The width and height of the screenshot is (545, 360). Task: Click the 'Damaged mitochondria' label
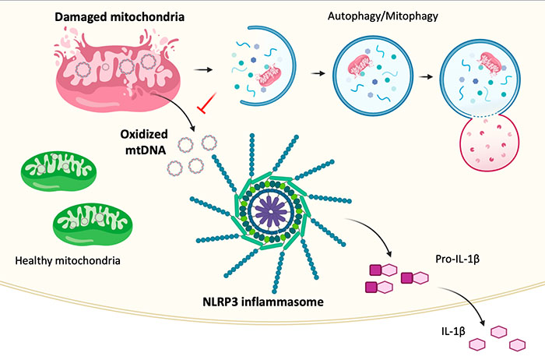(120, 16)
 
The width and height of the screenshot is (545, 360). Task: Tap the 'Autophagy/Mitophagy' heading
(383, 16)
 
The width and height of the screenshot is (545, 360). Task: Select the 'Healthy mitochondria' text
(68, 260)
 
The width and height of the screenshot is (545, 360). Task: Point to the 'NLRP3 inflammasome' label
(263, 302)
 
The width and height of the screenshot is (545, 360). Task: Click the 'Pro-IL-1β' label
(458, 259)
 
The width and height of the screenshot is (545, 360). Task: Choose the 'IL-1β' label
(453, 331)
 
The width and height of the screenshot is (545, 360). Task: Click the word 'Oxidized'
(144, 134)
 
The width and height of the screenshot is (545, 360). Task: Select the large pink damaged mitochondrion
(118, 72)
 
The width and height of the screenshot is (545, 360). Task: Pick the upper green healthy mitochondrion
(58, 171)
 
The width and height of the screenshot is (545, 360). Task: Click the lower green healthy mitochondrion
(93, 224)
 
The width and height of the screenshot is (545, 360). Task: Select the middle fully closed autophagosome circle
(373, 75)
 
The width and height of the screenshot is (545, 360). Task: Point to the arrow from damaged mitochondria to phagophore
(203, 70)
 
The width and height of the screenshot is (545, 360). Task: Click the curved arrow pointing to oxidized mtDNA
(178, 106)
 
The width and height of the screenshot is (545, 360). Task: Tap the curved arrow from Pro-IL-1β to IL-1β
(466, 301)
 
